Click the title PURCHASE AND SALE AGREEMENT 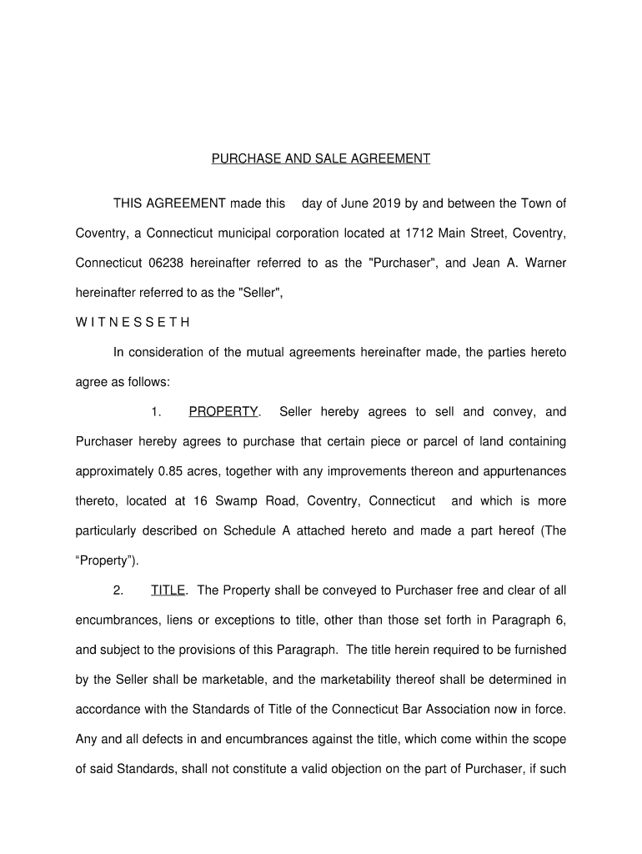tap(320, 158)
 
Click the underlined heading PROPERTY tap(223, 412)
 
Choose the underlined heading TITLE tap(168, 591)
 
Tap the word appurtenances tap(512, 471)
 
